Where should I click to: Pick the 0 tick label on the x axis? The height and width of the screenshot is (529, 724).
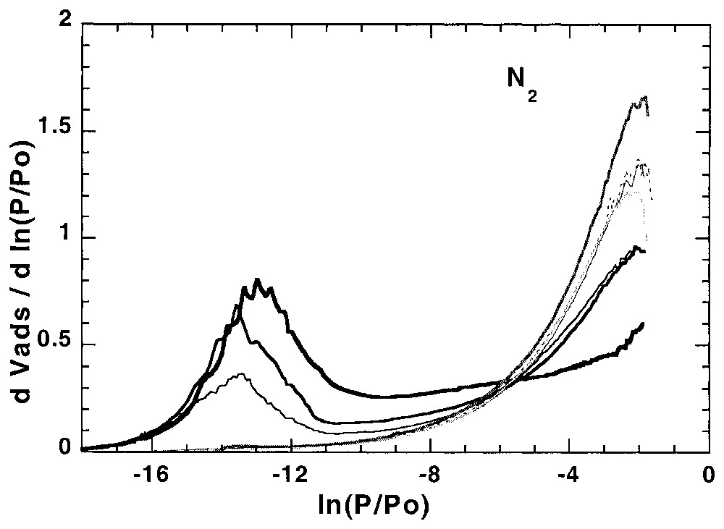tap(708, 478)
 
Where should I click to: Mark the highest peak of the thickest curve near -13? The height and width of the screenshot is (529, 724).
tap(256, 279)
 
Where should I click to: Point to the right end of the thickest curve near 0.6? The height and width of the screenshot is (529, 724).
tap(643, 323)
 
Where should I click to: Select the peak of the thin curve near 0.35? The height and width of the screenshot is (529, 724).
tap(241, 374)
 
